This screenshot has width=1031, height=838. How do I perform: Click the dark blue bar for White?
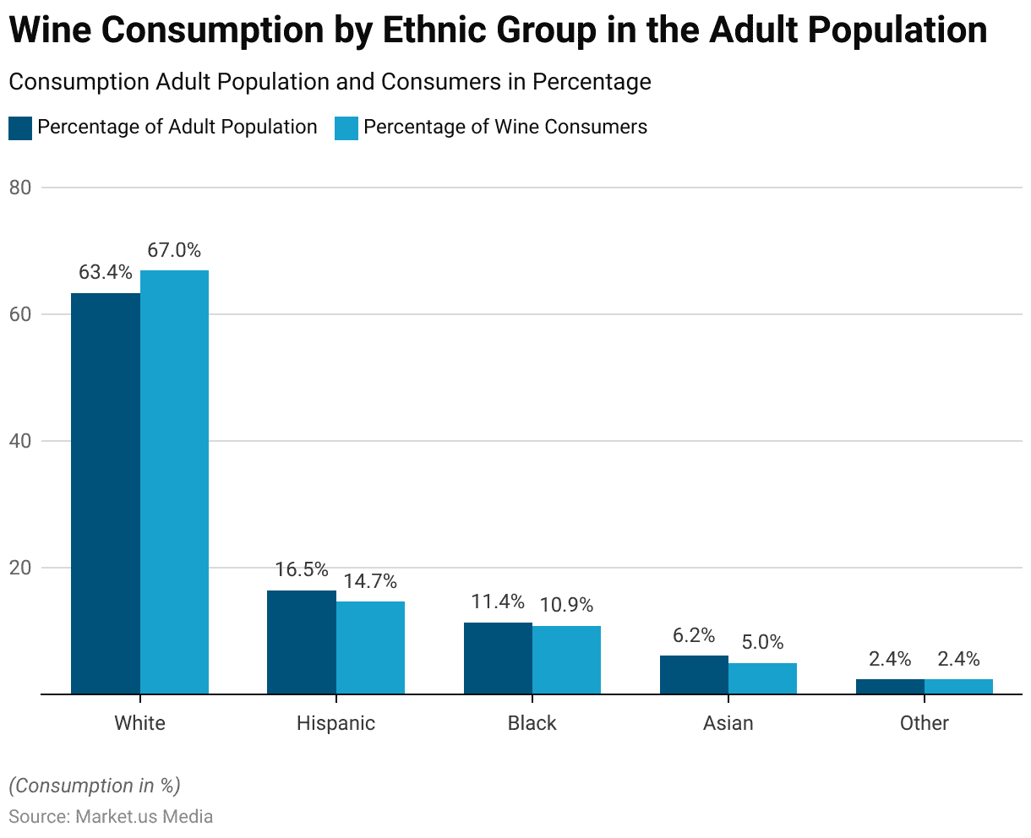(x=106, y=493)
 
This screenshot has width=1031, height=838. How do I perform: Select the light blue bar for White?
(x=174, y=482)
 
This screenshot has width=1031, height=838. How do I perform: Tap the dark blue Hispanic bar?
(x=302, y=642)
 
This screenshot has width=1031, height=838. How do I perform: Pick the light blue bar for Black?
(x=566, y=660)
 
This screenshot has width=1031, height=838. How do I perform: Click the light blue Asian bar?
(x=762, y=678)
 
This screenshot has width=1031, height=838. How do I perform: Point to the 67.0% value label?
(x=174, y=250)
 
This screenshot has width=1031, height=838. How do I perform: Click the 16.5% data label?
(x=302, y=570)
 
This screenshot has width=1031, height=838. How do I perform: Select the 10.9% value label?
(x=566, y=606)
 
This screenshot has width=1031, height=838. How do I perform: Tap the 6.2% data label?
(x=694, y=635)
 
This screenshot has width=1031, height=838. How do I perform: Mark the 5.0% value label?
(x=762, y=643)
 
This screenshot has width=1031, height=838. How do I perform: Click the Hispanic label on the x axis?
(x=335, y=723)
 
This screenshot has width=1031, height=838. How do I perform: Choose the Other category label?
(x=924, y=723)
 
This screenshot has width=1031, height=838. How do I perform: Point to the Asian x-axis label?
(x=728, y=723)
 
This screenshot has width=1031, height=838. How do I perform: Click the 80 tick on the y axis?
(x=20, y=188)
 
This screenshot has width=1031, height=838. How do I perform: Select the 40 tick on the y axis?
(x=20, y=441)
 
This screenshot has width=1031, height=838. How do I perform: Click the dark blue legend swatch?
(x=19, y=128)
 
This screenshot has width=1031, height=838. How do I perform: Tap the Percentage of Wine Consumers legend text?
(x=505, y=128)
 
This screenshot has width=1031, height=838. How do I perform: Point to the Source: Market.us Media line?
(x=111, y=817)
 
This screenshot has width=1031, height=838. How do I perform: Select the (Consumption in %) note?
(x=95, y=786)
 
